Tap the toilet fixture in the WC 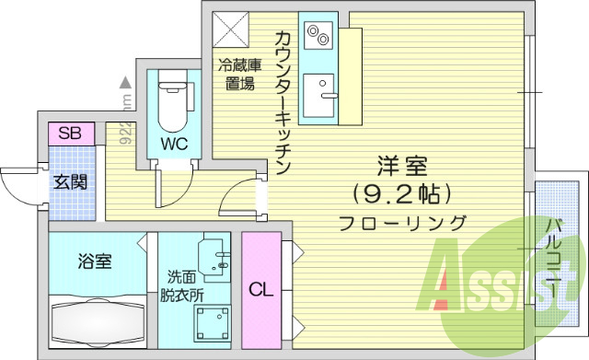(172, 103)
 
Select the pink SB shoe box (70, 134)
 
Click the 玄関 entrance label (70, 180)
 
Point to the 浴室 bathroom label (94, 261)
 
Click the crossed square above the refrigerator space (230, 29)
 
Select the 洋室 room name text (402, 168)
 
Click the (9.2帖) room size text (402, 194)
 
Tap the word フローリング (402, 223)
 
